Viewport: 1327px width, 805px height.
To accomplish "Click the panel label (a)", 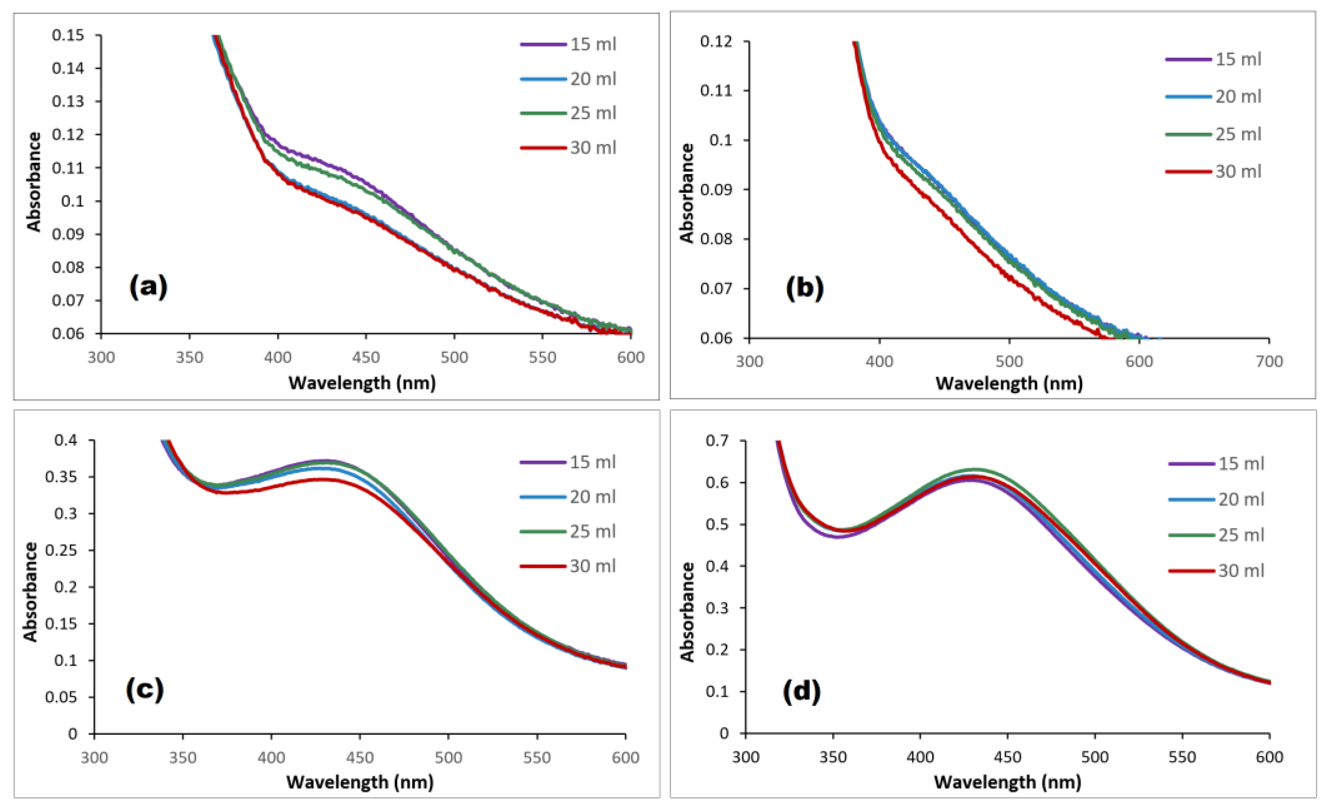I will [148, 287].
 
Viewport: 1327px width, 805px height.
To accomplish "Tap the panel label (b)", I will [805, 288].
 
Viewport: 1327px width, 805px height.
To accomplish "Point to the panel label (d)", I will [801, 691].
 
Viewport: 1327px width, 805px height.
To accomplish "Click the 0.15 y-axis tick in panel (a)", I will [68, 35].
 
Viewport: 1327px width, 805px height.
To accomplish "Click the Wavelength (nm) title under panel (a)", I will [362, 383].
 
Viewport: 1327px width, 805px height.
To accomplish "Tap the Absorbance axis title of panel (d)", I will [687, 611].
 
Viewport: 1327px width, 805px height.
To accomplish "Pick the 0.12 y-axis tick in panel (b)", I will [716, 42].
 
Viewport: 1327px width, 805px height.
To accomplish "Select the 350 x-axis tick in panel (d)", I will [833, 757].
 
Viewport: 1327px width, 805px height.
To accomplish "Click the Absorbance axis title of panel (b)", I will [687, 193].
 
